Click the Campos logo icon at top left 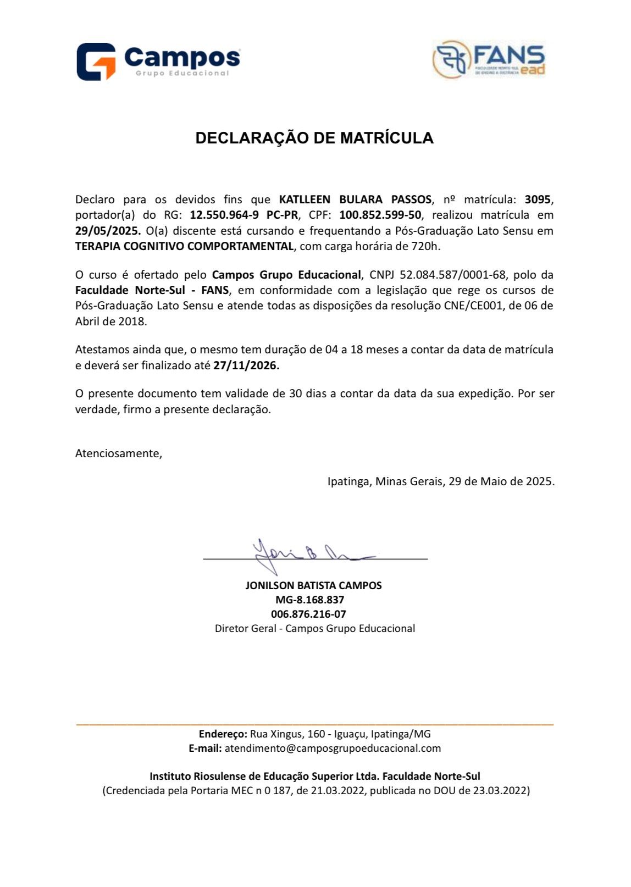click(x=96, y=62)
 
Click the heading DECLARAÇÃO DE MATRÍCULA click(x=314, y=138)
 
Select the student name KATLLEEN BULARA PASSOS click(x=355, y=199)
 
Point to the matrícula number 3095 click(x=538, y=199)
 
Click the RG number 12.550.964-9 click(x=224, y=215)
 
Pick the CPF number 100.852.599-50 click(x=380, y=215)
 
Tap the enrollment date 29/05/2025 click(x=108, y=231)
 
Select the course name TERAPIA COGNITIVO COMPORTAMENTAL click(x=184, y=246)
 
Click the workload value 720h click(x=426, y=246)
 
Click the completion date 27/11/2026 click(x=246, y=365)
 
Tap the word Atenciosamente click(x=119, y=453)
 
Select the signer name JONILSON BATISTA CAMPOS click(x=313, y=586)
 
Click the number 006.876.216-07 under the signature click(x=308, y=614)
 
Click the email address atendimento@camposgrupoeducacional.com click(x=333, y=749)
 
